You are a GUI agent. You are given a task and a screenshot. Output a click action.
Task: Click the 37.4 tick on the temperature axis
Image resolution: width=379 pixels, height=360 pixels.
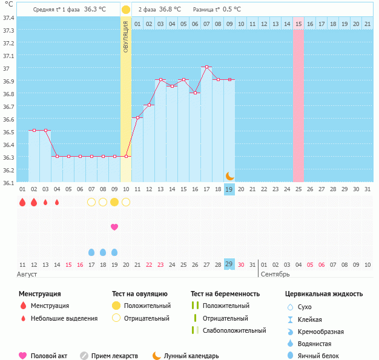[8, 18]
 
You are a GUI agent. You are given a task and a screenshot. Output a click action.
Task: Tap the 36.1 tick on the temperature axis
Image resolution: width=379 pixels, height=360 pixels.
[8, 182]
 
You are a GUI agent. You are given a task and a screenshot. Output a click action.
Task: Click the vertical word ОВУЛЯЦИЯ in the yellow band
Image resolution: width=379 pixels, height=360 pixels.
[125, 36]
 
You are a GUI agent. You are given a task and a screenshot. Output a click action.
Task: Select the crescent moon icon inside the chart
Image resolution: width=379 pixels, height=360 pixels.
[229, 175]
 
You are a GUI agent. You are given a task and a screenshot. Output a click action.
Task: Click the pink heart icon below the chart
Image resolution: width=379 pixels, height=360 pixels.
[114, 227]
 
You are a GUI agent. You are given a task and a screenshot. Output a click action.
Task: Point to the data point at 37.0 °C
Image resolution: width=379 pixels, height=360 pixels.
[206, 67]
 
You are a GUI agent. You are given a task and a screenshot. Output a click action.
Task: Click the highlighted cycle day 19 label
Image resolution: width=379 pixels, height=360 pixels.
[229, 189]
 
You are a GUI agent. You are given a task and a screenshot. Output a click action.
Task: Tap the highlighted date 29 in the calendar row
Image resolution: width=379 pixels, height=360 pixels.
[229, 264]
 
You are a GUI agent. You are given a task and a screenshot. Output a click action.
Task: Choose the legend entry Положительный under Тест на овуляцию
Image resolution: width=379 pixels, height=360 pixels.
[147, 306]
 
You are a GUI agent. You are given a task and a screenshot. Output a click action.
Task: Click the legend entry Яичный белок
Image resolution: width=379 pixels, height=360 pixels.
[318, 356]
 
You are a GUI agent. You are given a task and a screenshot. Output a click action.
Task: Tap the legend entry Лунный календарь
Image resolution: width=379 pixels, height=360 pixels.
[191, 356]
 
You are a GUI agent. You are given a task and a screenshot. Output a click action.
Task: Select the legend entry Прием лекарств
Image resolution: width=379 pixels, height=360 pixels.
[114, 356]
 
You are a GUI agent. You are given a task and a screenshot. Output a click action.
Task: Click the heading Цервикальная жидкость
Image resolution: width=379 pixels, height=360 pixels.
[324, 294]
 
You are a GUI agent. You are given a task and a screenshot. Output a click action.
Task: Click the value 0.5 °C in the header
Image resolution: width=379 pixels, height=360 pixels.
[232, 9]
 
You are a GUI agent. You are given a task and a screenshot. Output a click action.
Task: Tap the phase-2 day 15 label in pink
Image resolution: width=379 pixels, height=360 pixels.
[298, 24]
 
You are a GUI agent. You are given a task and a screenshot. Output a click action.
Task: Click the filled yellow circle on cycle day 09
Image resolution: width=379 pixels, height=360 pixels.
[114, 201]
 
